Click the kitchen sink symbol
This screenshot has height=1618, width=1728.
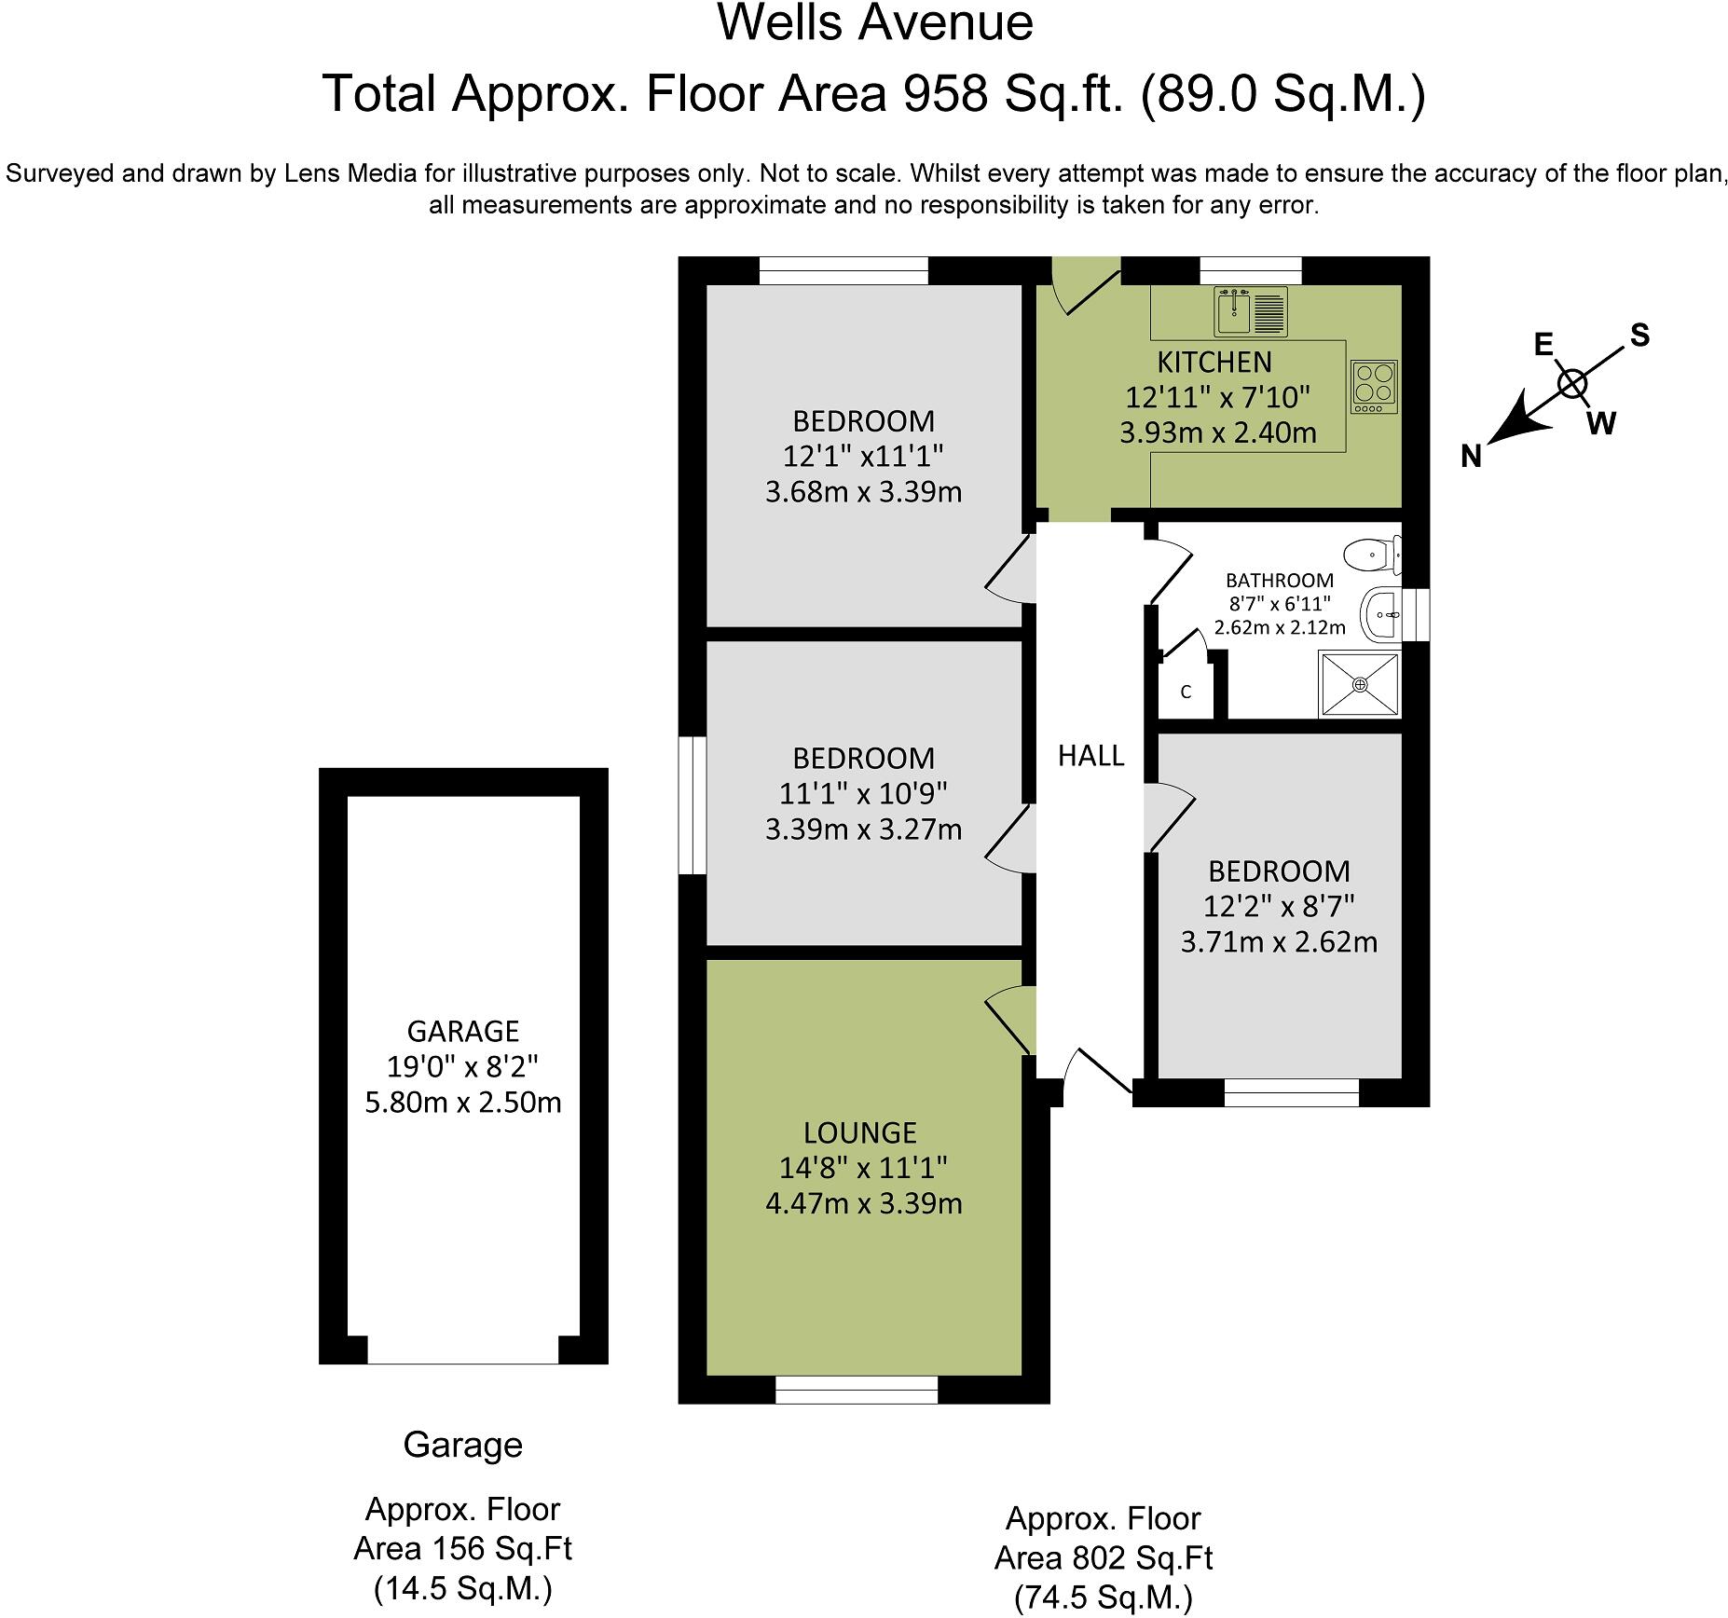[1251, 311]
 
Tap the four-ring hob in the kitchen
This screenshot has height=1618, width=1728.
[1375, 387]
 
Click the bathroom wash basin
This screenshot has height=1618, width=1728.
[1380, 615]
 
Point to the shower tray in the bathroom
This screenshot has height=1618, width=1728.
[1360, 685]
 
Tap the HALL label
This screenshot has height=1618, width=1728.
[1090, 756]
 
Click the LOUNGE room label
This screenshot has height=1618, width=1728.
[860, 1133]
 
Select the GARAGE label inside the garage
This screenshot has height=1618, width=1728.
[462, 1032]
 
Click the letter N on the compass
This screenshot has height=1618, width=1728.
[1471, 456]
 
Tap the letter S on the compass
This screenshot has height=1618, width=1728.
[1639, 336]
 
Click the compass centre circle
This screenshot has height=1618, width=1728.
[1572, 383]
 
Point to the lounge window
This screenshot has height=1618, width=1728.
[856, 1390]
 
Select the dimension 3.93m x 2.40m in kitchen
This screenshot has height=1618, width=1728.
[1217, 433]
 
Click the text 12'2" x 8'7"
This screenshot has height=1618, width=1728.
[1279, 906]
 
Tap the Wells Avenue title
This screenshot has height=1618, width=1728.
[874, 23]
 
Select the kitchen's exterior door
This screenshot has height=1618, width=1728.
[1081, 289]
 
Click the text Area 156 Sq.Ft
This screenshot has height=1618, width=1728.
[462, 1548]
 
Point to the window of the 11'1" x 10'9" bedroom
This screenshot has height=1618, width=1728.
[692, 805]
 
